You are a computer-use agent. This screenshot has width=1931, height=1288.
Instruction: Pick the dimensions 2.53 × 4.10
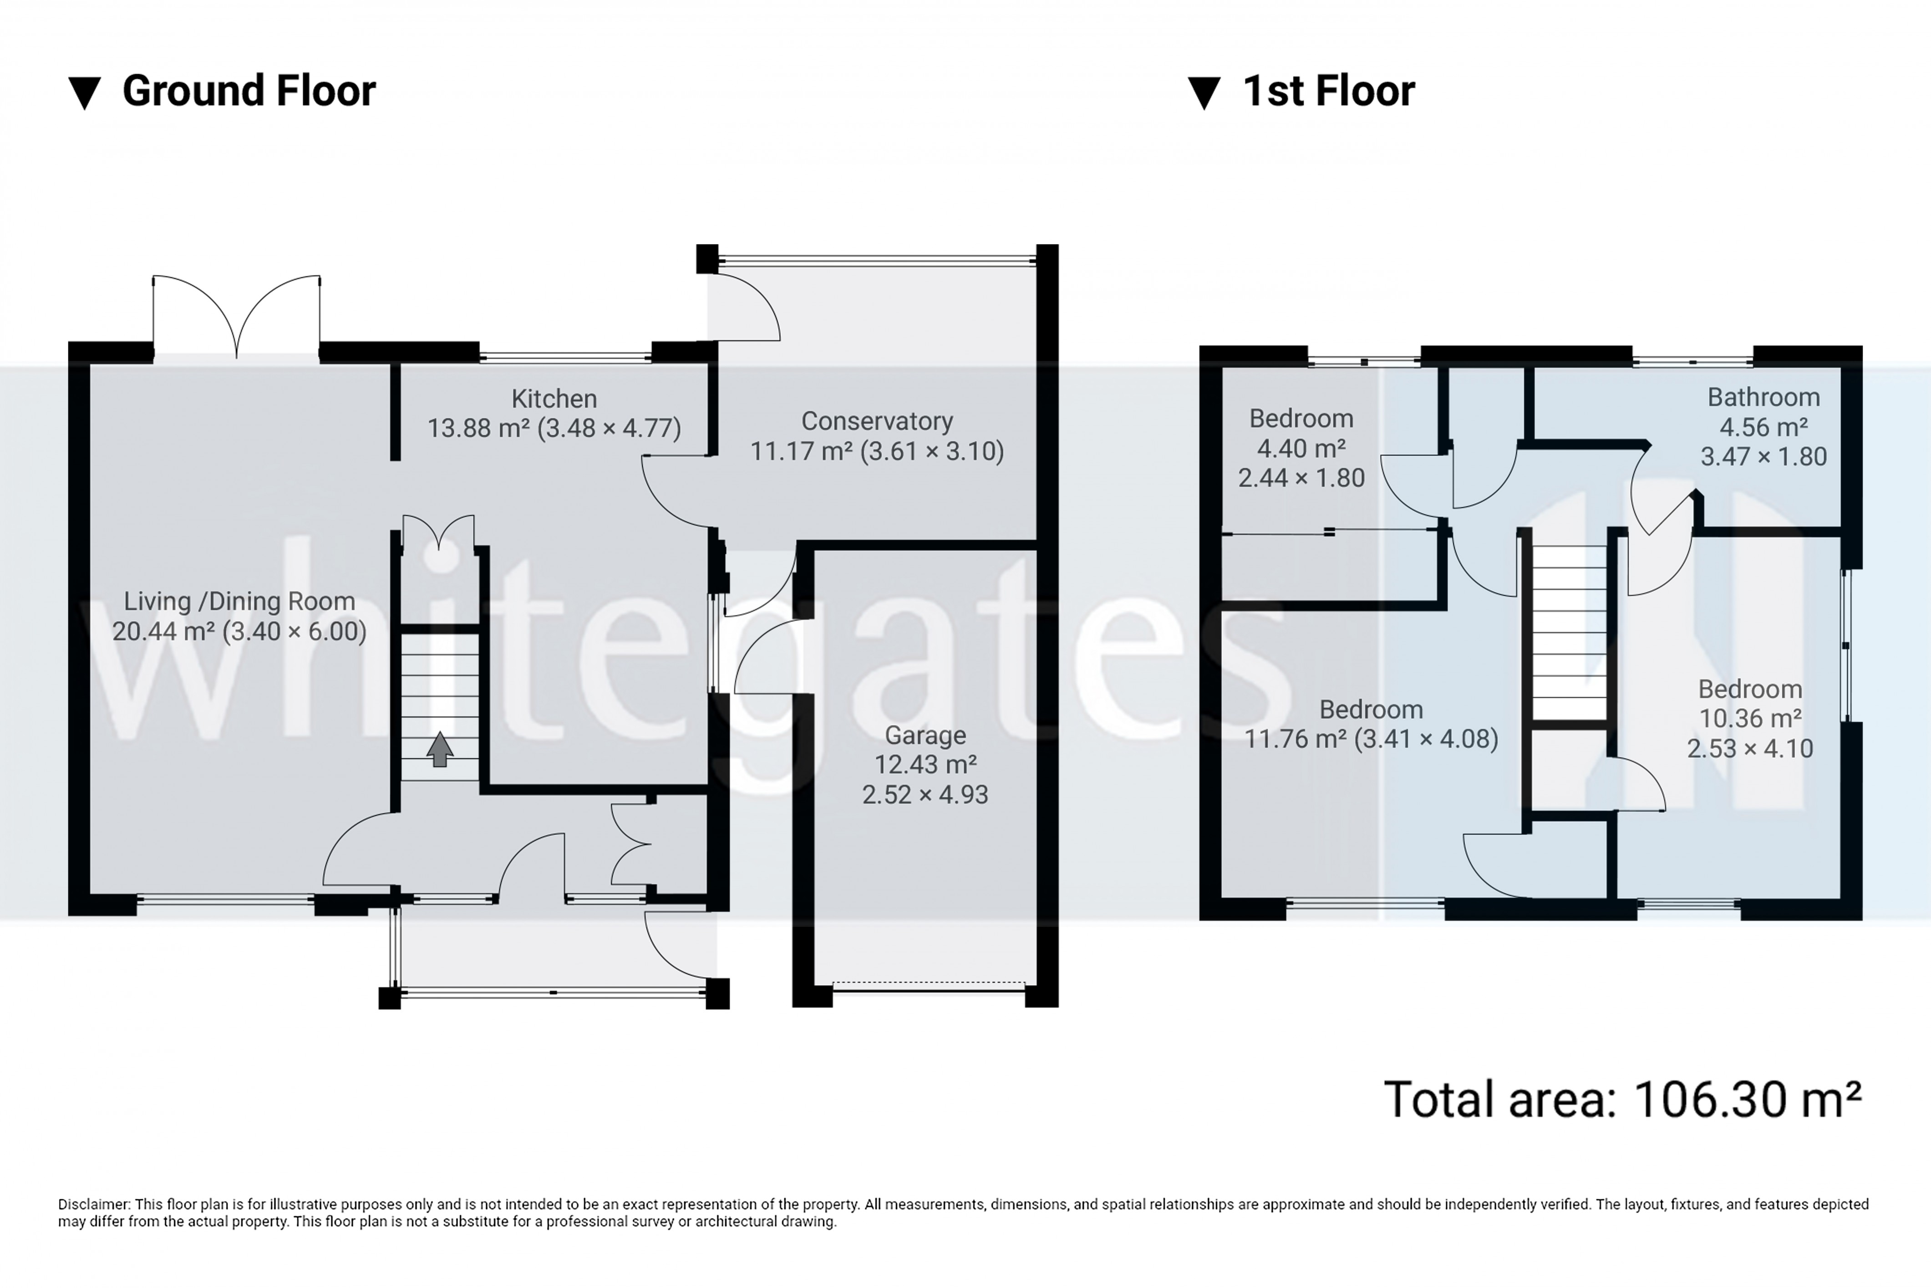[x=1749, y=748]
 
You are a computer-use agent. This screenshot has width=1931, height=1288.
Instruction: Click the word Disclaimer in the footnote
[x=93, y=1204]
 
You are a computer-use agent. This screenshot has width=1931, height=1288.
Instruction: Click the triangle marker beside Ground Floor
[x=85, y=93]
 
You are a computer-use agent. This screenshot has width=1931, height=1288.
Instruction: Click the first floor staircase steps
[x=1569, y=633]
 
